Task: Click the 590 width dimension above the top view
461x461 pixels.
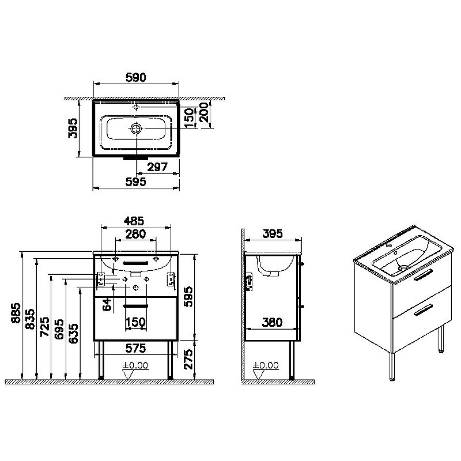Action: pyautogui.click(x=136, y=77)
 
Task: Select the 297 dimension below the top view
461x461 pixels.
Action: pyautogui.click(x=157, y=167)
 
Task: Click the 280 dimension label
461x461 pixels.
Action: pyautogui.click(x=135, y=234)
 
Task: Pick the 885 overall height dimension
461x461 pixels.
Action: pyautogui.click(x=16, y=313)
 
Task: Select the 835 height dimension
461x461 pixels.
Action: pyautogui.click(x=30, y=319)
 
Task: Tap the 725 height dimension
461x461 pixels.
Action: pyautogui.click(x=45, y=327)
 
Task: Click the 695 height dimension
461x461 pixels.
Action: pyautogui.click(x=59, y=329)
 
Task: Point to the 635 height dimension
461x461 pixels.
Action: pyautogui.click(x=74, y=334)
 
